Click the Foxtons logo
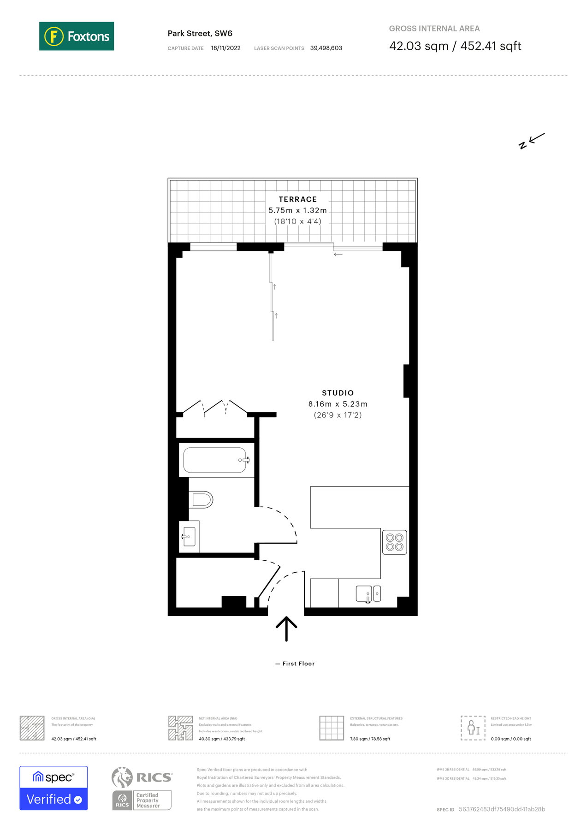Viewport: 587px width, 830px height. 77,36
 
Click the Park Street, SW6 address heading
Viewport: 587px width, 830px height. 200,33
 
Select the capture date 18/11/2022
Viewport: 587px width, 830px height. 225,48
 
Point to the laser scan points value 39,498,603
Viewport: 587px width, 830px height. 326,48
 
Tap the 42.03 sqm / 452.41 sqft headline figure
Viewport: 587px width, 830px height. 455,46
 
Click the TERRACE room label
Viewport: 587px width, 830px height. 297,199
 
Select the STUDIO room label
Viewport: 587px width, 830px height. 338,393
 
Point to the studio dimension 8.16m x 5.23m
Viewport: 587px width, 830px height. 338,404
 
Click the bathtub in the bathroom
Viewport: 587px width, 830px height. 215,460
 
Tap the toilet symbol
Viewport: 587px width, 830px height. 202,499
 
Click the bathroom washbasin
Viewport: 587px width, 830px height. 189,536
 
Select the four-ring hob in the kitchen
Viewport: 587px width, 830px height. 394,542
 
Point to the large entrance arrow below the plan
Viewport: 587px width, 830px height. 286,628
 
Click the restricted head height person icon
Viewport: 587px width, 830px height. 473,728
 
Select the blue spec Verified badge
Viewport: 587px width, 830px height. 53,788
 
